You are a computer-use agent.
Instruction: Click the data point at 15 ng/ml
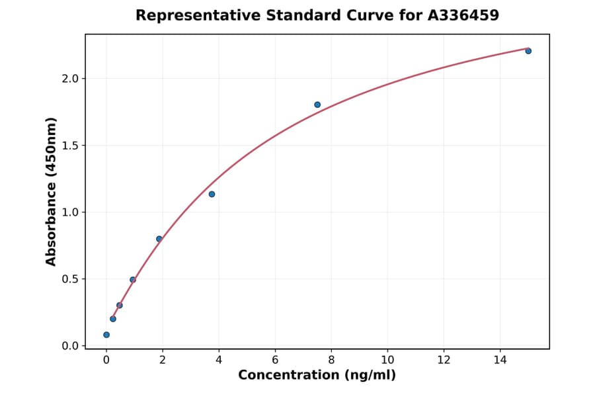coord(528,51)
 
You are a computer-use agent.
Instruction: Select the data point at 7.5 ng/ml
coord(317,105)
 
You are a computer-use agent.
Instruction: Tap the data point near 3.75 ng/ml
coord(212,194)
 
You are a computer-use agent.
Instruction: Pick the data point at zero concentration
coord(106,335)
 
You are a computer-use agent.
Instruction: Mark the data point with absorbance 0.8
coord(159,239)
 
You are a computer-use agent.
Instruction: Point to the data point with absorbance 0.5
coord(133,279)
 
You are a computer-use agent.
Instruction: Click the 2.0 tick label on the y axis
coord(70,79)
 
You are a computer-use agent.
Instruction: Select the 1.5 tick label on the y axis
coord(70,146)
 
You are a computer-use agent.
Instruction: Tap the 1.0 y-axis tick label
coord(70,212)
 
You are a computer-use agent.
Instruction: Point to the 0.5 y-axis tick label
coord(70,279)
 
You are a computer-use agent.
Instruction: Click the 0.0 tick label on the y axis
coord(70,346)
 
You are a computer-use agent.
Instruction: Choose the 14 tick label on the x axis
coord(500,360)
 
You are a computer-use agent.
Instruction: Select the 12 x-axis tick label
coord(444,360)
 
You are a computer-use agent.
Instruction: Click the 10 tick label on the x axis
coord(387,360)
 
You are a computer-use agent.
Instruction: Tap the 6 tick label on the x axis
coord(275,360)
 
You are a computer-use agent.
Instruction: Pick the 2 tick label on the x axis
coord(163,360)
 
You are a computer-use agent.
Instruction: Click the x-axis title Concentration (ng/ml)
coord(317,376)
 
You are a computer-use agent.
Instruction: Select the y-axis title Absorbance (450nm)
coord(52,191)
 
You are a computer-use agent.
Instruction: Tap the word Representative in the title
coord(189,15)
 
